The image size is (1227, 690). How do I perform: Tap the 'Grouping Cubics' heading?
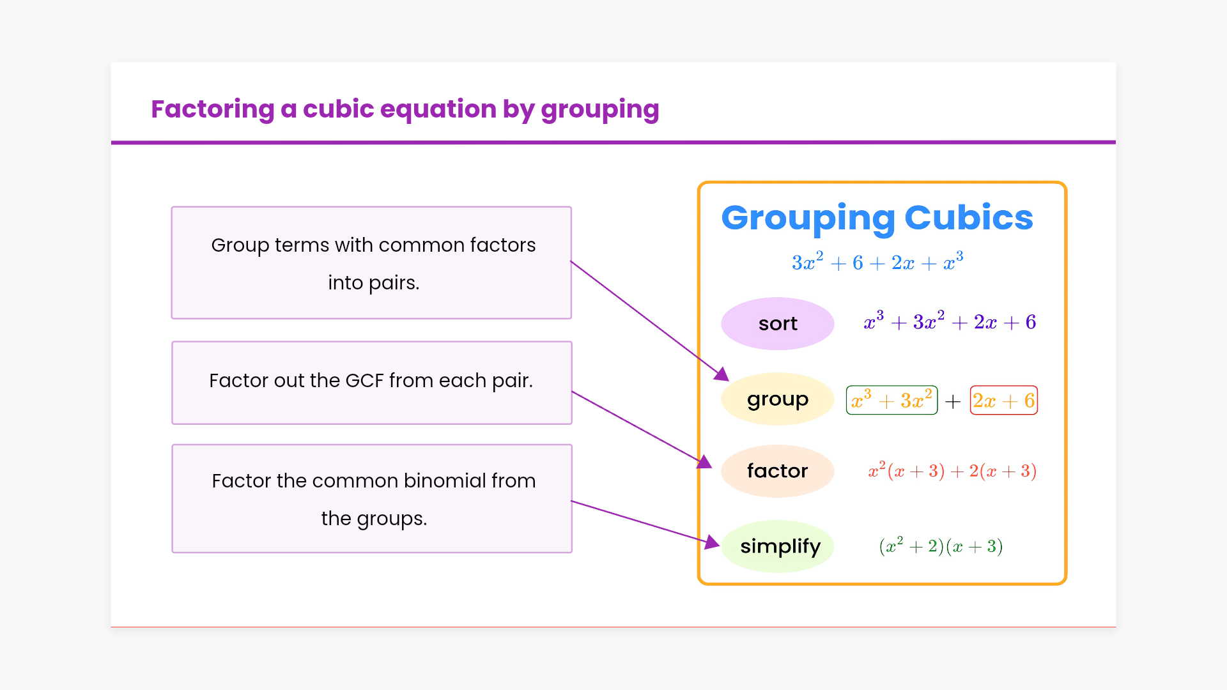coord(877,218)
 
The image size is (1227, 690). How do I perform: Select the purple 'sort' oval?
coord(778,323)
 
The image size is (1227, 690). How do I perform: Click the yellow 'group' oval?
coord(778,399)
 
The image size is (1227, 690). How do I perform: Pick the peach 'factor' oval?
coord(778,471)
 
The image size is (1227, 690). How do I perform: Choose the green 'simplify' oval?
coord(778,546)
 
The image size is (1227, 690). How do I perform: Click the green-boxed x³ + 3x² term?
coord(891,400)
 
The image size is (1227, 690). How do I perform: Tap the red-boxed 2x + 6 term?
coord(1003,400)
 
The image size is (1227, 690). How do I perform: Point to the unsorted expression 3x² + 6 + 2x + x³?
coord(877,261)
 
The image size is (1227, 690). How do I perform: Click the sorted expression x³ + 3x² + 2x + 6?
coord(950,321)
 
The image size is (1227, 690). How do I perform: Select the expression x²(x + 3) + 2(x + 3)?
coord(952,470)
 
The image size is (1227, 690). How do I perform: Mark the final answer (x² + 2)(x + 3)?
coord(941,546)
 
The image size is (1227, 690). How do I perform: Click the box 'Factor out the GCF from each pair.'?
coord(372,383)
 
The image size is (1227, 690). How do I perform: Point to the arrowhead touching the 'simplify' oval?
coord(712,542)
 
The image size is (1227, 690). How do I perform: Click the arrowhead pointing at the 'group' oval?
coord(722,374)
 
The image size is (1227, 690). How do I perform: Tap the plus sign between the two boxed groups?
coord(953,401)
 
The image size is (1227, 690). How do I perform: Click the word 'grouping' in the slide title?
coord(600,110)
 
